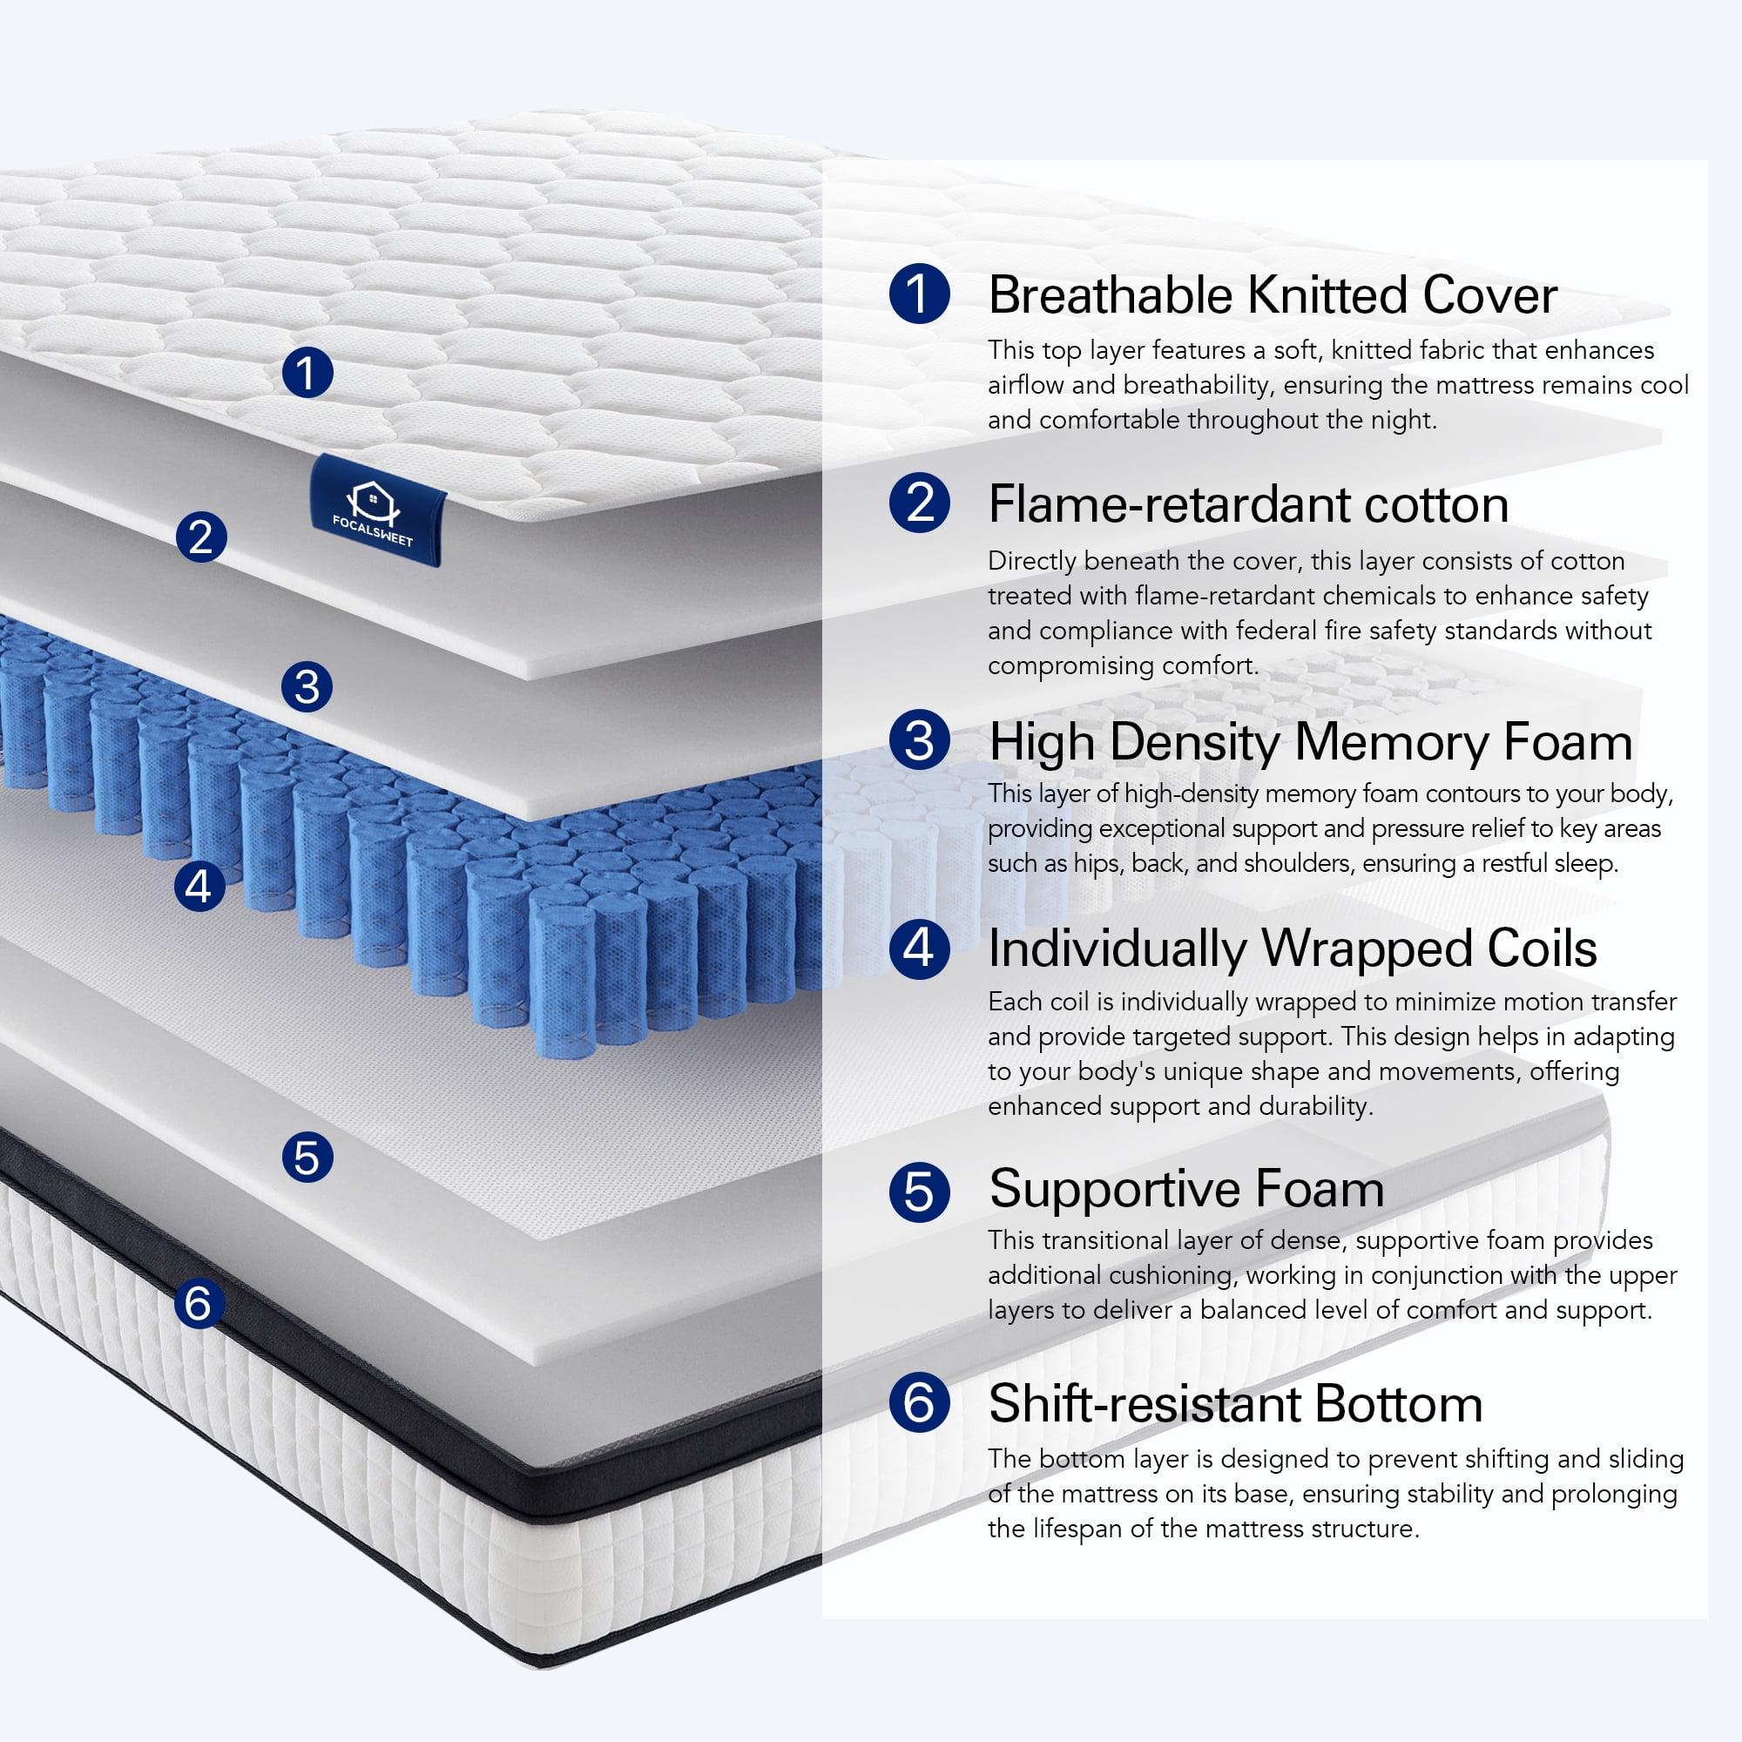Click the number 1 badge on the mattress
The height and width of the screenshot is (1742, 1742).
point(307,373)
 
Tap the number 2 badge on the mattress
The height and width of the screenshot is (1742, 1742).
point(201,537)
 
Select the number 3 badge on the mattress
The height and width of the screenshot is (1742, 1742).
point(307,687)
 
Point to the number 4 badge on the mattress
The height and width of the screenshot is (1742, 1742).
point(199,886)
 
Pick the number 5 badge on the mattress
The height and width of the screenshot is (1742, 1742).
point(307,1157)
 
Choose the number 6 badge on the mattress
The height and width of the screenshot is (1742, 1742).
point(199,1303)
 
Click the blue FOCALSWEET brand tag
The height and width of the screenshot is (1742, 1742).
point(377,510)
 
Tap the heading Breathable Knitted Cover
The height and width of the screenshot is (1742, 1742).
point(1273,295)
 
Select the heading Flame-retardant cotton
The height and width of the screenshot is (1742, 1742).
point(1248,503)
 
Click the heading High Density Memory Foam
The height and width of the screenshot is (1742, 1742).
point(1310,742)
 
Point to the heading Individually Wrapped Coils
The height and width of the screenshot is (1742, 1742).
point(1292,949)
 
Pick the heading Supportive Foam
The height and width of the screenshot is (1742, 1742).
point(1185,1188)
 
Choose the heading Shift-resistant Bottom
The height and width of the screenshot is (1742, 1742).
point(1235,1403)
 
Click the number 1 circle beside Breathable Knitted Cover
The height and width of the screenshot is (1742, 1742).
point(920,293)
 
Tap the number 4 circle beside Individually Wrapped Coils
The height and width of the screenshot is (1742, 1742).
point(920,948)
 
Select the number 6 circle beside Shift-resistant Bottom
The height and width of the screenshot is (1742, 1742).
point(920,1402)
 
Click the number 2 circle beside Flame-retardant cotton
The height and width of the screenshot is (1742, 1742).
point(920,503)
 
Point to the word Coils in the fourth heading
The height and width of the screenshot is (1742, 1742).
point(1541,949)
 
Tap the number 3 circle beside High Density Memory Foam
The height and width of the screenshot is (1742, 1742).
point(920,740)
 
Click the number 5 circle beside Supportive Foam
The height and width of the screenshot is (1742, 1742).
point(920,1192)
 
